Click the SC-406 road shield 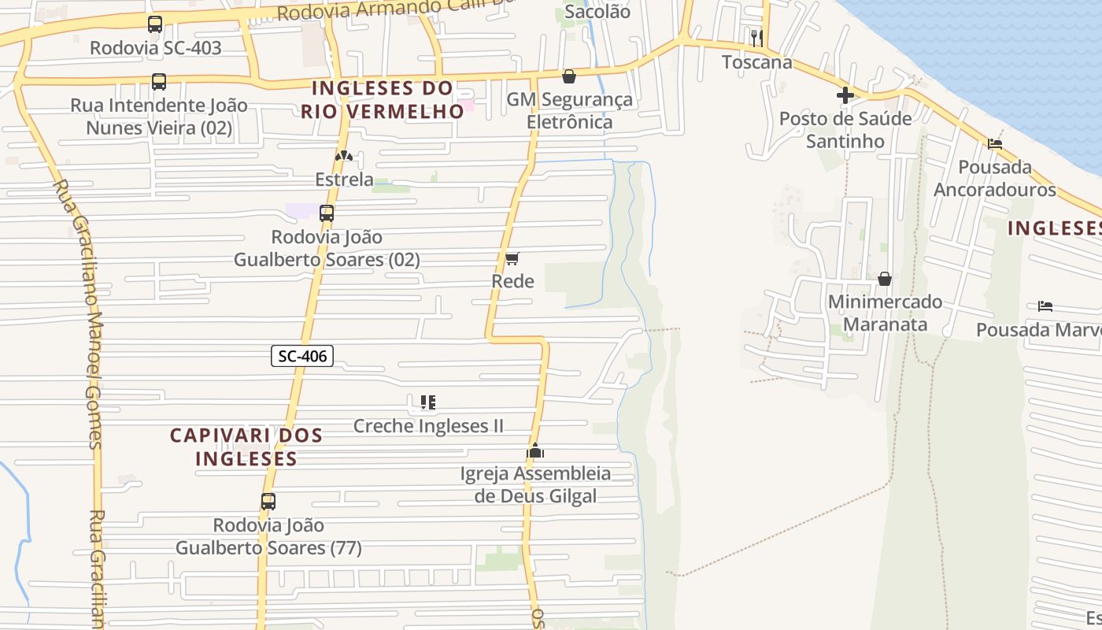click(303, 356)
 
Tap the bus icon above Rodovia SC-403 click(155, 24)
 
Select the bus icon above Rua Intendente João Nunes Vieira click(159, 82)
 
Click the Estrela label click(344, 179)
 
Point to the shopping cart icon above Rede click(512, 258)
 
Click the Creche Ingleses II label click(428, 426)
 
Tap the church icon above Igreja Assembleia click(535, 451)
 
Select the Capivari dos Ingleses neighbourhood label click(246, 447)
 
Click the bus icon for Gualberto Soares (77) click(268, 501)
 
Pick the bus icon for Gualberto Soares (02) click(327, 213)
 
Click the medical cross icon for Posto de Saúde click(845, 96)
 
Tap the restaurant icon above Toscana click(757, 38)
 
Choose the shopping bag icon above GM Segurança click(569, 76)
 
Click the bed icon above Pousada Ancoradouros click(995, 144)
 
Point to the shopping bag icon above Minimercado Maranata click(885, 279)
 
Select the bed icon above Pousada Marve click(1045, 306)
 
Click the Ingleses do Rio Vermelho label click(383, 99)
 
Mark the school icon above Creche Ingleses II click(428, 402)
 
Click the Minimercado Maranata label click(885, 313)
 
